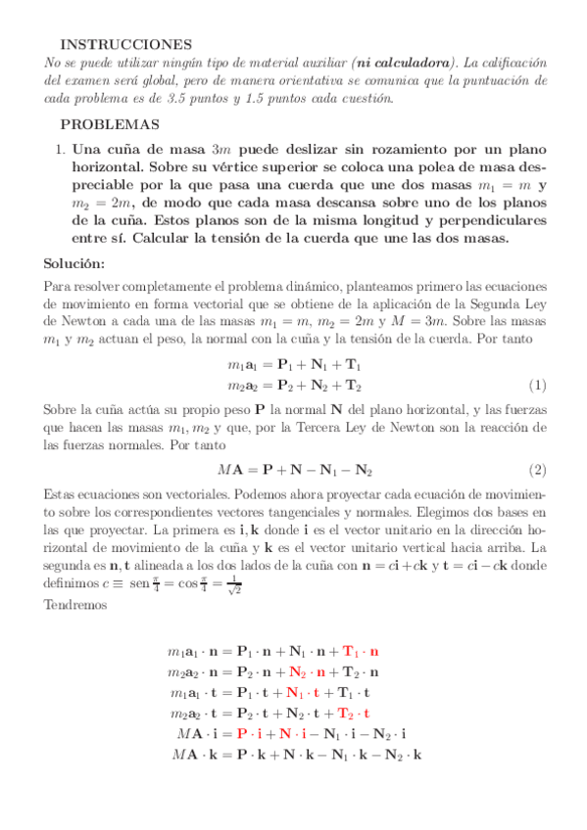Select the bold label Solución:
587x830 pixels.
(x=81, y=264)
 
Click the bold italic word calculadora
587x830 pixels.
(x=410, y=62)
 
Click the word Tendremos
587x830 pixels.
(x=77, y=605)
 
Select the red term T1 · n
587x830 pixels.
(x=361, y=651)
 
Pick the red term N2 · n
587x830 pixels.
(x=308, y=671)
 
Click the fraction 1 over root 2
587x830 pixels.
(x=261, y=589)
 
